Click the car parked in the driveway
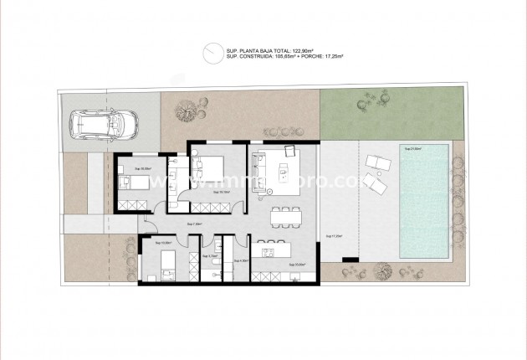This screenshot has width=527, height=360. (105, 125)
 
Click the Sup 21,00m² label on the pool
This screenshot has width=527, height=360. (413, 148)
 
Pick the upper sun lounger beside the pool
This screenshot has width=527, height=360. (378, 162)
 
